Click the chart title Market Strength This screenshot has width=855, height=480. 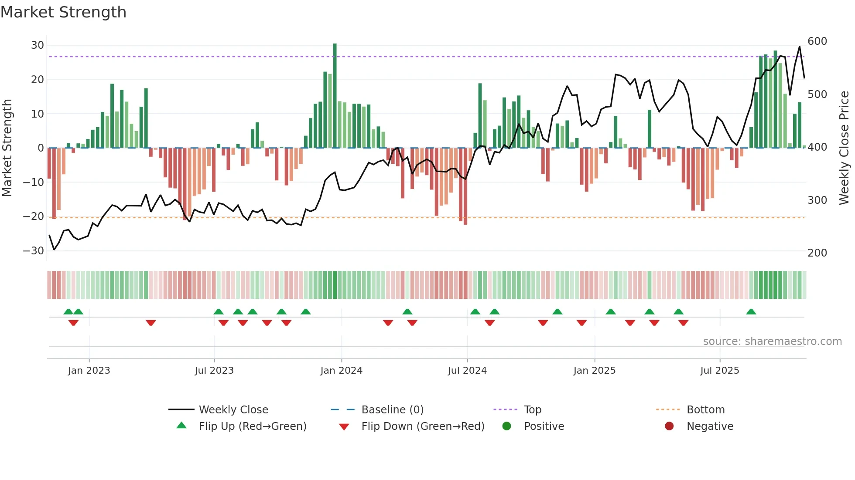click(64, 12)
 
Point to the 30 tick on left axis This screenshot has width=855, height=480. click(38, 45)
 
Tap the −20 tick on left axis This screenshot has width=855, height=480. click(34, 216)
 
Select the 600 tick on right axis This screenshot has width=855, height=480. click(817, 41)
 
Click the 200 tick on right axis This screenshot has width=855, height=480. click(817, 253)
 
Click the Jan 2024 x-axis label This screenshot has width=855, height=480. click(341, 371)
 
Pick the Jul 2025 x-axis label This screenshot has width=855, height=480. click(719, 371)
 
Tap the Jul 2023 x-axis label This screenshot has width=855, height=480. click(214, 371)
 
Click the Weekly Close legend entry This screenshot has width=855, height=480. click(233, 410)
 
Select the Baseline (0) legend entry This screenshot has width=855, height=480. click(392, 410)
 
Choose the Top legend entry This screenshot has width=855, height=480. click(532, 410)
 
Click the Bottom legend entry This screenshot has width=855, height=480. click(705, 410)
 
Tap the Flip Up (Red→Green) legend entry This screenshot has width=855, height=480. click(252, 426)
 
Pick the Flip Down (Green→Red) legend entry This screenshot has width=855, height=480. click(423, 426)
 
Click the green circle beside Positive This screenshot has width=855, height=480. click(506, 426)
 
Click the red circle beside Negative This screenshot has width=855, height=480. click(669, 426)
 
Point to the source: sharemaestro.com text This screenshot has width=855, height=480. click(772, 341)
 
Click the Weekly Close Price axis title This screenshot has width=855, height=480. click(844, 148)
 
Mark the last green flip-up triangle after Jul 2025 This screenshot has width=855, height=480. click(751, 312)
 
